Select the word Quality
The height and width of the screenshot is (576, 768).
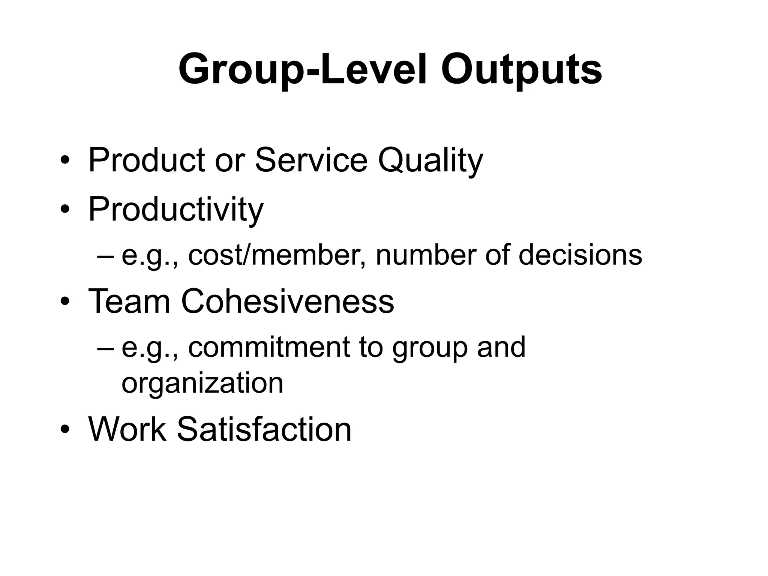tap(430, 160)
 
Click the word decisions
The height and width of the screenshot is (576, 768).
tap(580, 255)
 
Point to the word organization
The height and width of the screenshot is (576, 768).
tap(202, 383)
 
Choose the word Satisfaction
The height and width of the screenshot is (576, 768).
tap(264, 429)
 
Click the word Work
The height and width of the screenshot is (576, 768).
tap(127, 429)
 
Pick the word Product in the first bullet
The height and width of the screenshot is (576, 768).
tap(147, 160)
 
